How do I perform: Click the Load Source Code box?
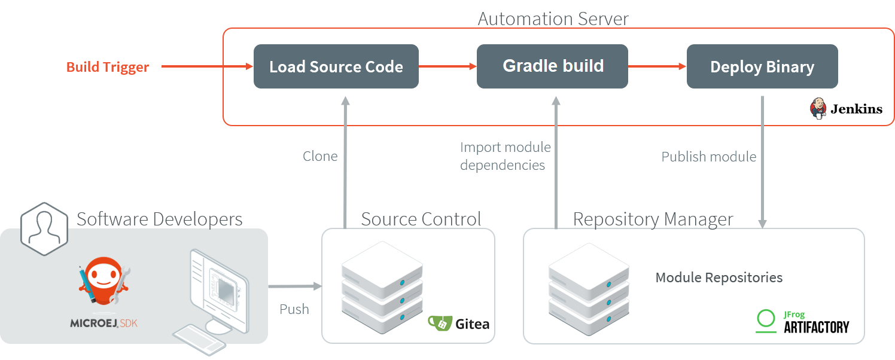point(336,66)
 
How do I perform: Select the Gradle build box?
point(552,66)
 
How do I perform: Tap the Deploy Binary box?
point(762,66)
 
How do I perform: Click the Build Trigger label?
point(108,67)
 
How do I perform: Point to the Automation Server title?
point(553,19)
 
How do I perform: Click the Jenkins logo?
point(846,109)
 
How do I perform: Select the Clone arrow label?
point(320,156)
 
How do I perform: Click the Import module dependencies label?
point(504,155)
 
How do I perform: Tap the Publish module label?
point(708,157)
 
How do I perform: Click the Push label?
point(294,309)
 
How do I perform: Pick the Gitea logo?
point(459,324)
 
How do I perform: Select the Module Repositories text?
point(719,277)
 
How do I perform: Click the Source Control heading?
point(421,219)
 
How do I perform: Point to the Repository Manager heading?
point(653,219)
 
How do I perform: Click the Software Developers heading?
point(159,219)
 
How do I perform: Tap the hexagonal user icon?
point(43,225)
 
